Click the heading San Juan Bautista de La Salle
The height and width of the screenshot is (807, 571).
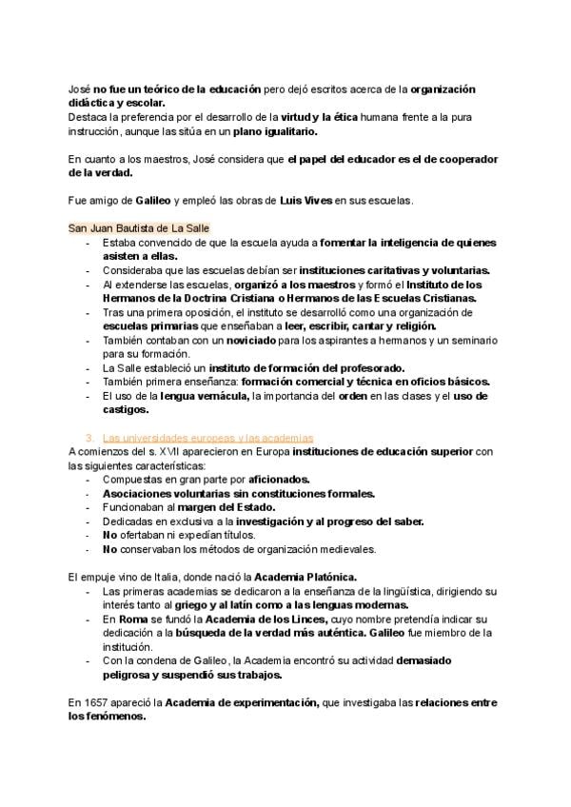click(x=139, y=228)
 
